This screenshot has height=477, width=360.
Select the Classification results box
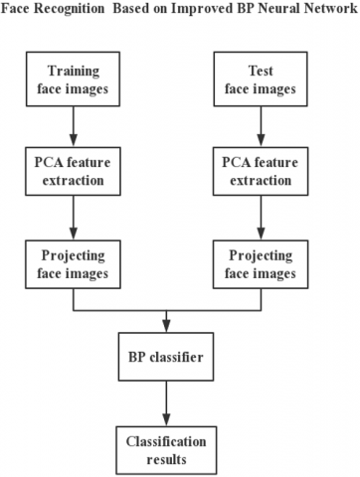(167, 443)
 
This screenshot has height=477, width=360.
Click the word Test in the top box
(261, 72)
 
